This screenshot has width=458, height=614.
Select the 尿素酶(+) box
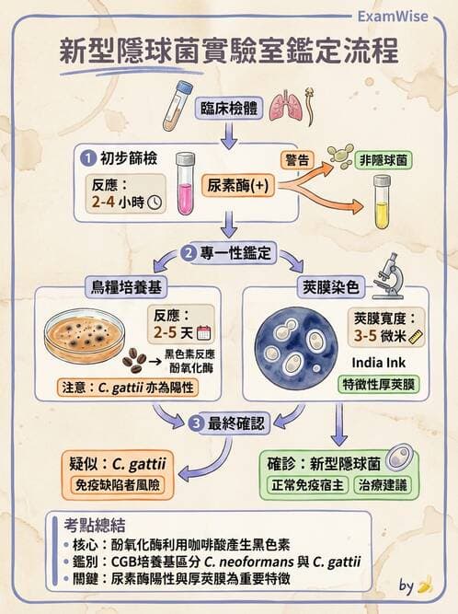coord(237,184)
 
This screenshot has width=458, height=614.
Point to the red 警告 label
coord(299,159)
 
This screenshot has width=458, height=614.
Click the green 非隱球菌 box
coord(387,160)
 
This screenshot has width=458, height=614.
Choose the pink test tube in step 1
coord(186,183)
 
